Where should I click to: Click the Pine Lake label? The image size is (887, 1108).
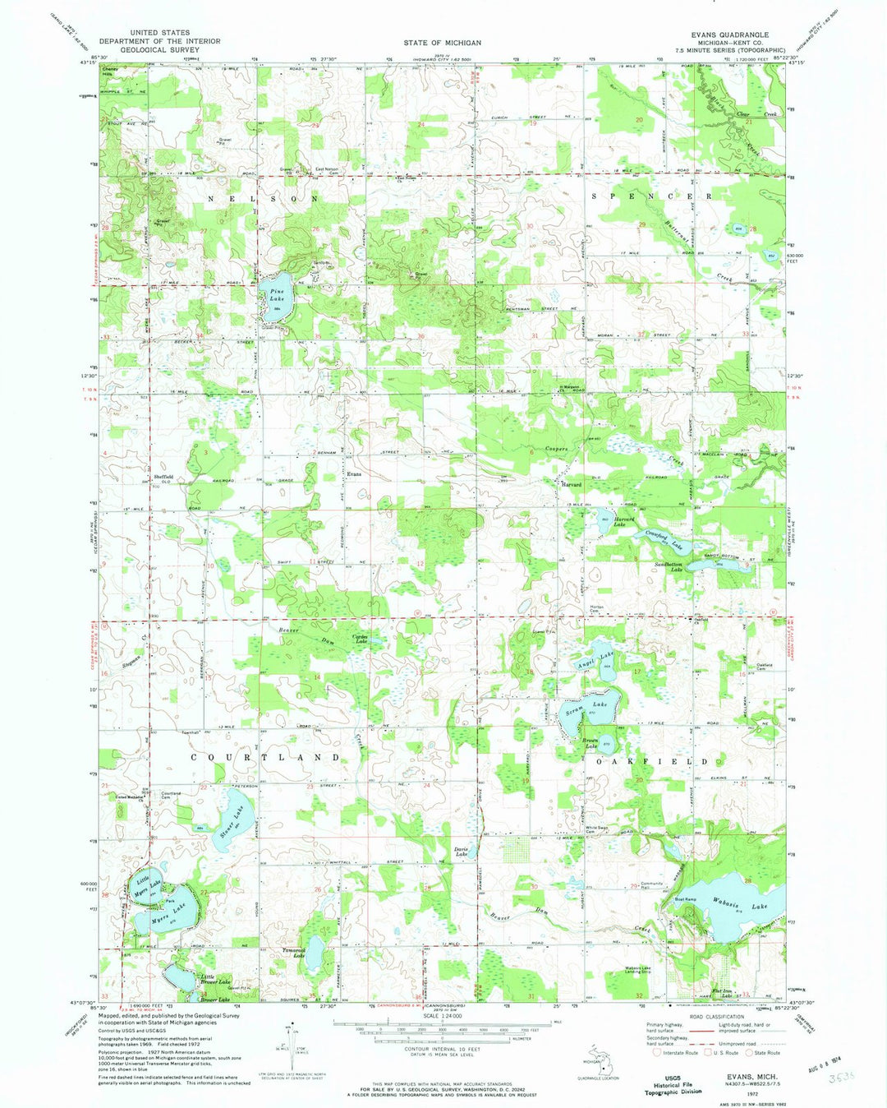pyautogui.click(x=276, y=294)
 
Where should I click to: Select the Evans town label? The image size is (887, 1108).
pyautogui.click(x=353, y=474)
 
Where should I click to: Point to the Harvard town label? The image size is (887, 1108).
pyautogui.click(x=571, y=484)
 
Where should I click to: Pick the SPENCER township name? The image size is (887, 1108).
pyautogui.click(x=650, y=197)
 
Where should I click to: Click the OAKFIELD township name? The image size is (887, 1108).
pyautogui.click(x=650, y=762)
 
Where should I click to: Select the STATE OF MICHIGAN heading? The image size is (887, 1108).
pyautogui.click(x=442, y=42)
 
